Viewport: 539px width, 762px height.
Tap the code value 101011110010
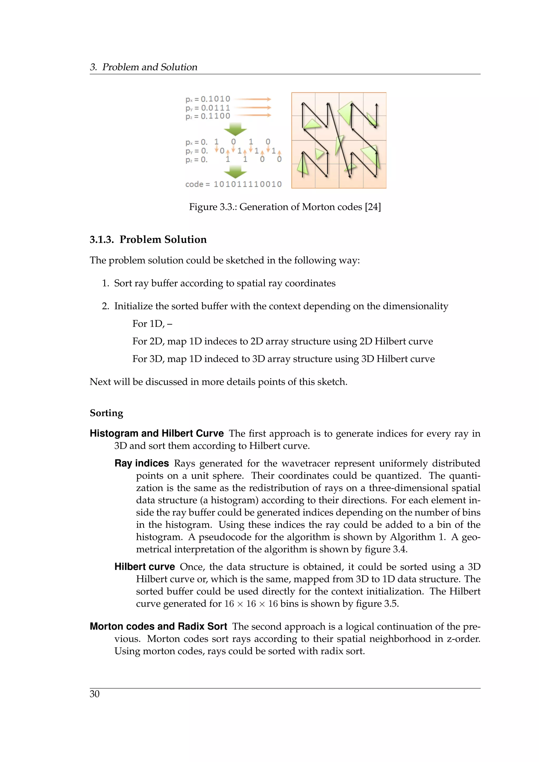248,184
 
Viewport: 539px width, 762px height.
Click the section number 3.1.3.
102,240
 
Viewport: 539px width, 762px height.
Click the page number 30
94,694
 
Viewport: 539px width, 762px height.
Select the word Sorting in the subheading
106,413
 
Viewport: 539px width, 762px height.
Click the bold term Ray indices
142,463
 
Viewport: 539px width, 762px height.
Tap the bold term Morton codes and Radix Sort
158,626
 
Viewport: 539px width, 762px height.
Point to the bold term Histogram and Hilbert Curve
157,433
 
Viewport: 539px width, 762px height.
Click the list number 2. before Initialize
105,306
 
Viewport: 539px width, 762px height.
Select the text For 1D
148,324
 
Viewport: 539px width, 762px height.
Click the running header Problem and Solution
150,67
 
